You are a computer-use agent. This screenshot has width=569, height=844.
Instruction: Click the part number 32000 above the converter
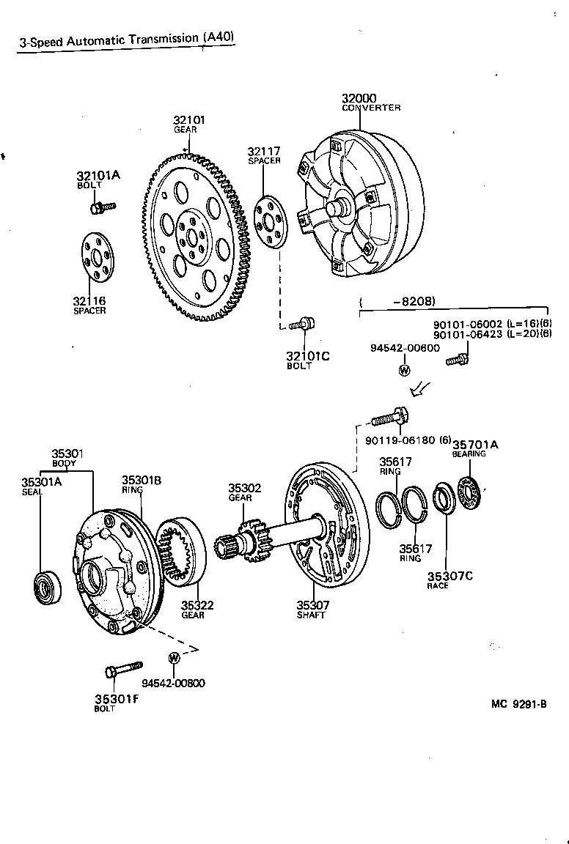point(359,99)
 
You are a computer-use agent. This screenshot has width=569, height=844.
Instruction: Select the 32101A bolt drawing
point(100,208)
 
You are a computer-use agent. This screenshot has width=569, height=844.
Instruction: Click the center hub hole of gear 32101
point(193,237)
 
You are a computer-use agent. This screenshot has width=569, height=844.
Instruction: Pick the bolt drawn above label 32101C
point(301,323)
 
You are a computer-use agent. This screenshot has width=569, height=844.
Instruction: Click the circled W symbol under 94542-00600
point(403,369)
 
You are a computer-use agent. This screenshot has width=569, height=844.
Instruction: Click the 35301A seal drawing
point(49,587)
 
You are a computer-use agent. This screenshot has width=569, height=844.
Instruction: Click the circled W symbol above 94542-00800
point(174,657)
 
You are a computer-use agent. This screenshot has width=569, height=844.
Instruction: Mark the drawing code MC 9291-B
point(519,705)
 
